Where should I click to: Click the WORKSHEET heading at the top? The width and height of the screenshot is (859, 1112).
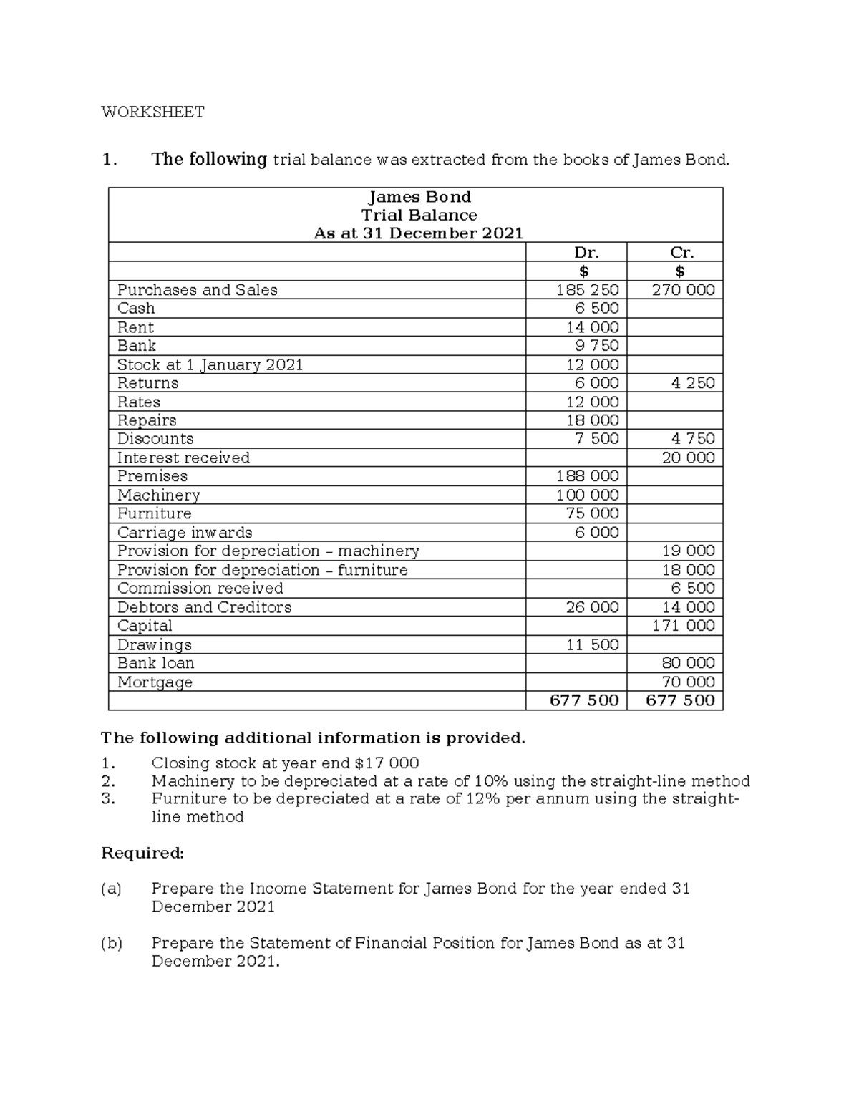pos(152,112)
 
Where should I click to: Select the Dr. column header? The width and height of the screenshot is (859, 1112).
pos(586,252)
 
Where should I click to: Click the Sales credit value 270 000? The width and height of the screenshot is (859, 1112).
pos(683,290)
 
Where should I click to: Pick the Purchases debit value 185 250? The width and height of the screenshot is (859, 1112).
pos(587,290)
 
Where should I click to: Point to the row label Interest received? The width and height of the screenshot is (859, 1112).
pos(183,458)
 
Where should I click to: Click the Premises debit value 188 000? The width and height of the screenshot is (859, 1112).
pos(587,476)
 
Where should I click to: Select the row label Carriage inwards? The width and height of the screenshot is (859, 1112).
pos(185,533)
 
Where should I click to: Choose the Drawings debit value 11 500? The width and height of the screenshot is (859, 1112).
pos(592,644)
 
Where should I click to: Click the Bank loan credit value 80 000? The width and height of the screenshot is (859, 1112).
pos(688,663)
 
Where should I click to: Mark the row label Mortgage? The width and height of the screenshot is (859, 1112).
pos(155,682)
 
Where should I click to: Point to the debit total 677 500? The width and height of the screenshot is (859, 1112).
pos(583,700)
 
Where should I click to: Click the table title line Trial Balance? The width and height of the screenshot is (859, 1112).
pos(419,215)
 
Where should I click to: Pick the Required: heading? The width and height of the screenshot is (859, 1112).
pos(142,853)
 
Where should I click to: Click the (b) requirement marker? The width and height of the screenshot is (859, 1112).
pos(111,943)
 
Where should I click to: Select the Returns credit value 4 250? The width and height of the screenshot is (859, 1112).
pos(692,383)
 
